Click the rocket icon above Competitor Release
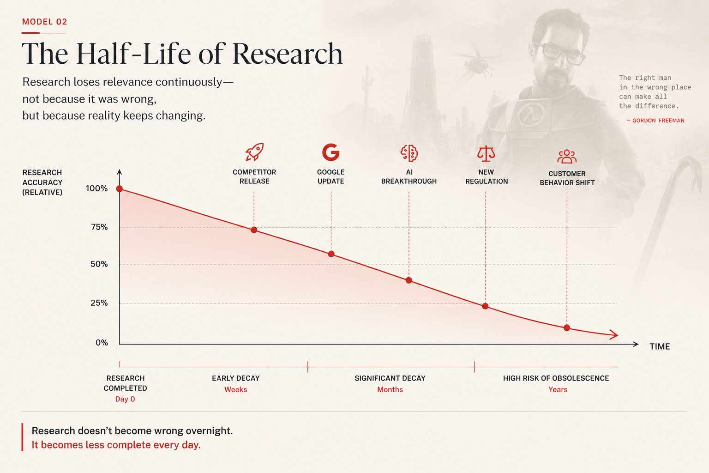pos(254,152)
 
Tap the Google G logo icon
pos(331,152)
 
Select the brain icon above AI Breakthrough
pos(409,153)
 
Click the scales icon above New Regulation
pos(486,154)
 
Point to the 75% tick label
pos(99,227)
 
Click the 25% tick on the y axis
pos(99,303)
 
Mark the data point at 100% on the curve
pos(120,189)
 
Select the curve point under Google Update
pos(331,254)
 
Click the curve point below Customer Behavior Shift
pos(567,328)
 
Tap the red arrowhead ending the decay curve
pos(614,334)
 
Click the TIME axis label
pos(660,346)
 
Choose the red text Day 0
pos(125,399)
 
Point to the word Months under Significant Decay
pos(390,390)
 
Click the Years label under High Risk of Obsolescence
pos(558,390)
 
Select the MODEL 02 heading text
pos(45,22)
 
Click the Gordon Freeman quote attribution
pos(655,121)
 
